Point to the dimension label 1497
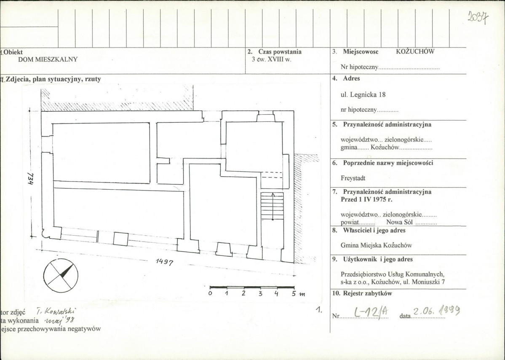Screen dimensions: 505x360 pyautogui.click(x=165, y=262)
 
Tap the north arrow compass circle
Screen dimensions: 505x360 pyautogui.click(x=61, y=275)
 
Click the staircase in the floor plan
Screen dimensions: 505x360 pyautogui.click(x=272, y=206)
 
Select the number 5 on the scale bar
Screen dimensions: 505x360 pyautogui.click(x=294, y=294)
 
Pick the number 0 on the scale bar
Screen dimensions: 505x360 pyautogui.click(x=210, y=294)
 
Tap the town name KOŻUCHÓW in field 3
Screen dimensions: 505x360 pyautogui.click(x=415, y=51)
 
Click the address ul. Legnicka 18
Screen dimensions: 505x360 pyautogui.click(x=363, y=95)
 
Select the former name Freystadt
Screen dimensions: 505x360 pyautogui.click(x=353, y=178)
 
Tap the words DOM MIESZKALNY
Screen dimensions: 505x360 pyautogui.click(x=48, y=59)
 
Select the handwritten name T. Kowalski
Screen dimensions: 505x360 pyautogui.click(x=56, y=312)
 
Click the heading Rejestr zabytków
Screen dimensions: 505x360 pyautogui.click(x=367, y=293)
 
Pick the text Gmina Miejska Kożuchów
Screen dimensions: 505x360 pyautogui.click(x=376, y=245)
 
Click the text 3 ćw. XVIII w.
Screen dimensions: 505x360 pyautogui.click(x=272, y=59)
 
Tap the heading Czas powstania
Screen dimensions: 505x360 pyautogui.click(x=280, y=52)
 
